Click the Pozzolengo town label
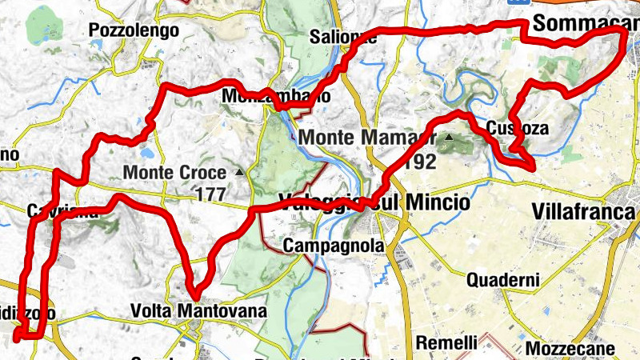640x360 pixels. [x=131, y=31]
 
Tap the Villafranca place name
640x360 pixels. [x=582, y=212]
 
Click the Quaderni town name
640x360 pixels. [x=503, y=280]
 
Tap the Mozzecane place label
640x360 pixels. [x=570, y=349]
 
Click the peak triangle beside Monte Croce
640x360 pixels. [x=238, y=172]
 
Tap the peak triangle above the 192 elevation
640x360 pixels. [x=448, y=138]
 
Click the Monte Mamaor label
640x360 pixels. [x=367, y=137]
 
